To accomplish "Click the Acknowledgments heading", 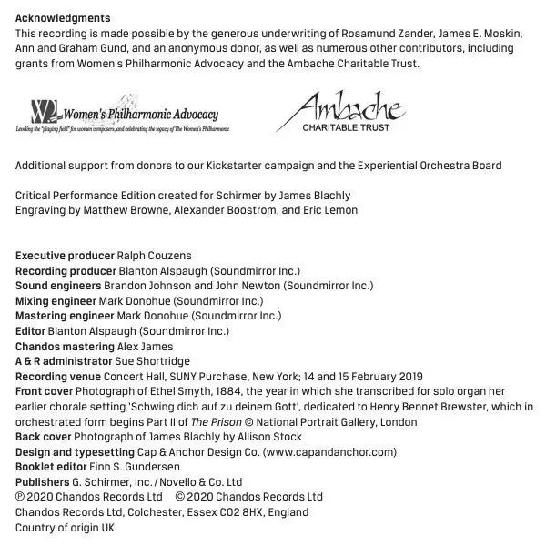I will pyautogui.click(x=63, y=18).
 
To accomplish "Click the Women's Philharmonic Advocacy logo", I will pyautogui.click(x=122, y=116).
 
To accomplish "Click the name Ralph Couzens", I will pyautogui.click(x=155, y=256).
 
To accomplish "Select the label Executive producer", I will pyautogui.click(x=65, y=256).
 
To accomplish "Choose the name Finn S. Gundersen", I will pyautogui.click(x=136, y=467).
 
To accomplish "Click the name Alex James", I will pyautogui.click(x=146, y=347).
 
